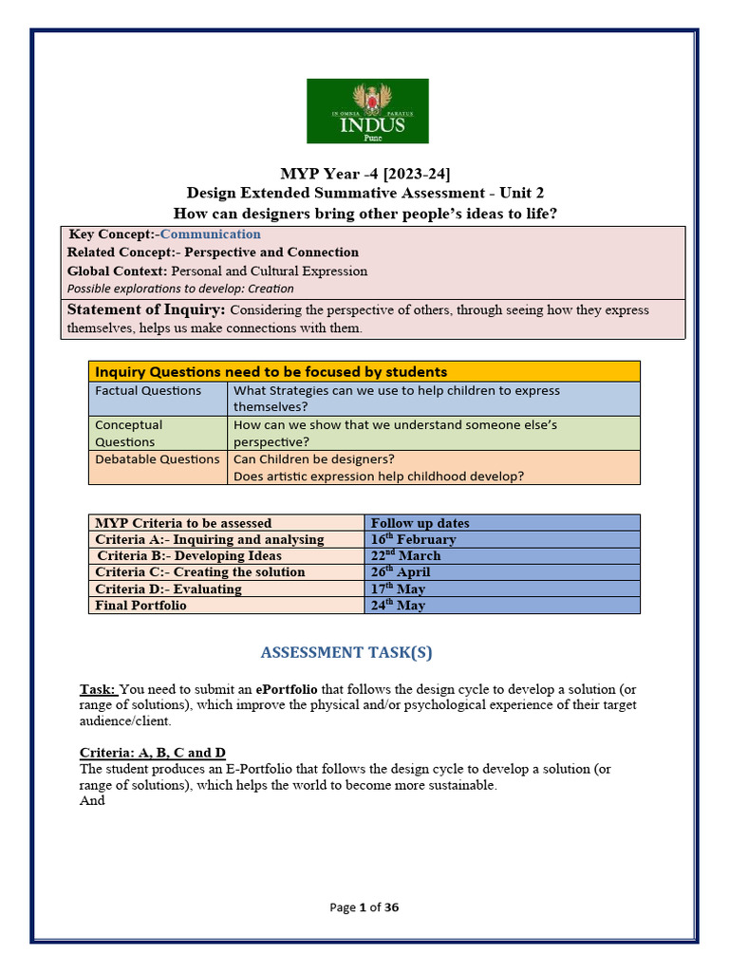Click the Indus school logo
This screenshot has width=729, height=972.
coord(367,111)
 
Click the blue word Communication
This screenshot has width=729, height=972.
coord(210,234)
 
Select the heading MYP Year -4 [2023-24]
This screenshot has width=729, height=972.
coord(365,174)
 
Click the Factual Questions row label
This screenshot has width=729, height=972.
coord(148,391)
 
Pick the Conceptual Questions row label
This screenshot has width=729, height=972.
coord(128,433)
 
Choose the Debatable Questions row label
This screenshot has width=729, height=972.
coord(157,459)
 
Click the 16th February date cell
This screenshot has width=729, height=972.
coord(413,539)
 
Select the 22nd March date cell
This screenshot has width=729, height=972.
coord(405,555)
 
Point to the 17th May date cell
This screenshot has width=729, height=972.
coord(398,589)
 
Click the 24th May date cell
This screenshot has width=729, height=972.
coord(398,606)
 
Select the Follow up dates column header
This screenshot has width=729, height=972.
coord(420,523)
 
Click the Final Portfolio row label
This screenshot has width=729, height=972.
coord(140,606)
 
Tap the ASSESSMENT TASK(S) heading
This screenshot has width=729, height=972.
coord(346,652)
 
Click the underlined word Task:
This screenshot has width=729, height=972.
coord(98,688)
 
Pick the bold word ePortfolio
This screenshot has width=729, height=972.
coord(279,688)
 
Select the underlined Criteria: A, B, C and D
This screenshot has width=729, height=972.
coord(152,753)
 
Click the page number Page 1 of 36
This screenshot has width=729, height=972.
coord(364,907)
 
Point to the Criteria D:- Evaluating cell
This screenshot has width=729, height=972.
coord(168,589)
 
